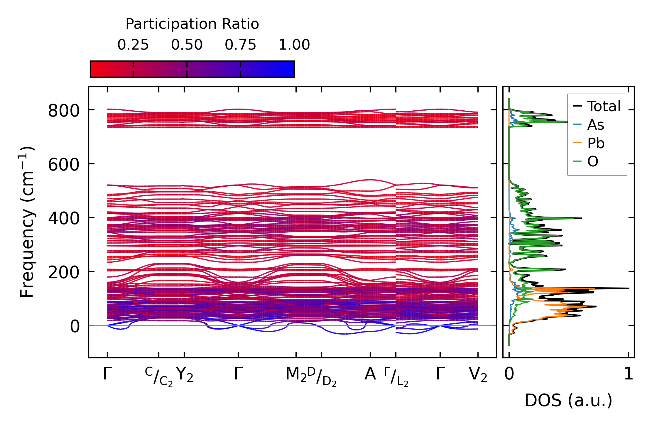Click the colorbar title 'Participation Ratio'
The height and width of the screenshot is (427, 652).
(x=192, y=24)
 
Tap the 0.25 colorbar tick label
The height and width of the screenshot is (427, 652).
(x=133, y=45)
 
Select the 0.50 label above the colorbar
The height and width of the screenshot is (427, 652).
(x=187, y=45)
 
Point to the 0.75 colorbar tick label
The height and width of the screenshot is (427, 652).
(x=241, y=45)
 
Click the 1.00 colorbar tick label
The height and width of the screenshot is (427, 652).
(x=294, y=45)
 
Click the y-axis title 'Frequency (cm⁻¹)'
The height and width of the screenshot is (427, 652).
(x=27, y=222)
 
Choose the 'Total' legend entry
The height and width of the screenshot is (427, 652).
(x=604, y=106)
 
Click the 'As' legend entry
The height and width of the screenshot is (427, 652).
(x=595, y=125)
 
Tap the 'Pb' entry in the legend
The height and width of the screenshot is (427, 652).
(x=596, y=143)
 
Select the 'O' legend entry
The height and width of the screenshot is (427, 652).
(x=593, y=161)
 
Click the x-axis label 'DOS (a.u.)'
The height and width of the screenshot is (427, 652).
(x=568, y=400)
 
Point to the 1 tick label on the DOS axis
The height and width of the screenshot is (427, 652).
(x=629, y=374)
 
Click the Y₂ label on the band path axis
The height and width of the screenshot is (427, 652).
(x=185, y=374)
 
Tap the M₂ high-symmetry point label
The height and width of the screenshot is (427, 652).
(x=296, y=374)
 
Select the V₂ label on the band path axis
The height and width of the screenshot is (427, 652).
(x=478, y=374)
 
